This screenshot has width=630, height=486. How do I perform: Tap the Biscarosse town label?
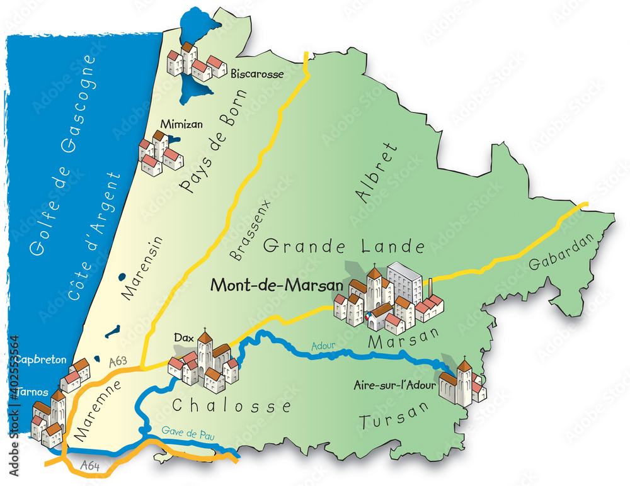coord(257,74)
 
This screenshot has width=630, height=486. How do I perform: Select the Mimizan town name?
coord(181,124)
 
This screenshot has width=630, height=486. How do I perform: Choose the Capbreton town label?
coord(42,360)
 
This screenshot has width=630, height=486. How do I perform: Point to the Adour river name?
coord(324,346)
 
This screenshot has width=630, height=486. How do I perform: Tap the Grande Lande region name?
coord(343,246)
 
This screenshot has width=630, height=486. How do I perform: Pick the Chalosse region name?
coord(232,406)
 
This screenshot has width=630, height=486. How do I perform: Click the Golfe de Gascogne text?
coord(61,155)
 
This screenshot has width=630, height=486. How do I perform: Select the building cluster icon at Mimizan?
coord(160,153)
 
